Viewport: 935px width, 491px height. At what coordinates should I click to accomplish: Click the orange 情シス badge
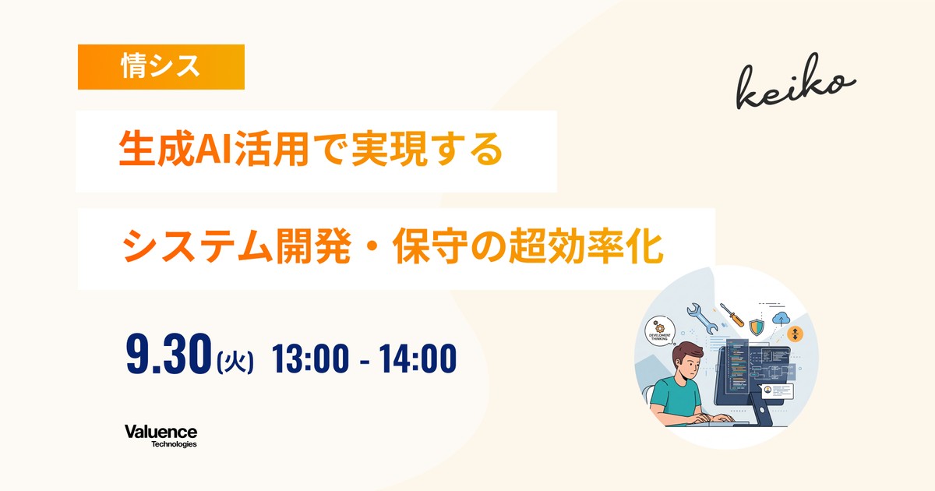point(161,67)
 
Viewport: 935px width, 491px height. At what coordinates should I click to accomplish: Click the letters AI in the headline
point(213,150)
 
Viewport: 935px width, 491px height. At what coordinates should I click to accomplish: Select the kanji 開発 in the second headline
point(312,246)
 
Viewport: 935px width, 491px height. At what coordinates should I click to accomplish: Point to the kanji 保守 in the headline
point(430,246)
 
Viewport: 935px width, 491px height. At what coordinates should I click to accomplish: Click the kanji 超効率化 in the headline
point(586,246)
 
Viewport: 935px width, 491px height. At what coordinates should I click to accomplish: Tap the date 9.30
point(168,354)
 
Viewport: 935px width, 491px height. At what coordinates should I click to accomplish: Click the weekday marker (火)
point(235,362)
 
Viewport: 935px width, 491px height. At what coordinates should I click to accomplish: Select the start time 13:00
point(310,359)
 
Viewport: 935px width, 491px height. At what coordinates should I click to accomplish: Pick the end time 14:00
point(418,359)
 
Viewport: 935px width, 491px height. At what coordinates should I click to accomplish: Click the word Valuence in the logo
point(161,432)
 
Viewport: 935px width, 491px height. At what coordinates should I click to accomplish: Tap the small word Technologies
point(174,444)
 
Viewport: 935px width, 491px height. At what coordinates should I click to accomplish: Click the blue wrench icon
point(702,318)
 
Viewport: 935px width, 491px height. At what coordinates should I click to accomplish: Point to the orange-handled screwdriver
point(732,315)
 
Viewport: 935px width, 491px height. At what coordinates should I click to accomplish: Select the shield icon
point(757,327)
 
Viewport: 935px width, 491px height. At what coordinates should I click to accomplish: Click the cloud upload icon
point(781,320)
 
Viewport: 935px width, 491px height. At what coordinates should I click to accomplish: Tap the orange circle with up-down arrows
point(795,334)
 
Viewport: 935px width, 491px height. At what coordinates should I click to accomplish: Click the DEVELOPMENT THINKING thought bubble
point(660,330)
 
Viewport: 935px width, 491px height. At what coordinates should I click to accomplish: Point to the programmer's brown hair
point(688,353)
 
